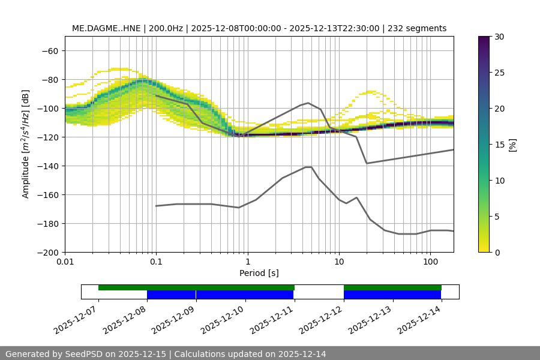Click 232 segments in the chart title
[418, 28]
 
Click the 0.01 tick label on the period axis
[65, 263]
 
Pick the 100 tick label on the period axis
[430, 263]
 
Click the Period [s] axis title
[259, 273]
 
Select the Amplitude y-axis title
[26, 144]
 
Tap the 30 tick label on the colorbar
[499, 37]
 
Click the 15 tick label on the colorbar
[499, 145]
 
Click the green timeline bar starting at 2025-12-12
[392, 287]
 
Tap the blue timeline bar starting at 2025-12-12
[392, 295]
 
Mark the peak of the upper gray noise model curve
[308, 103]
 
